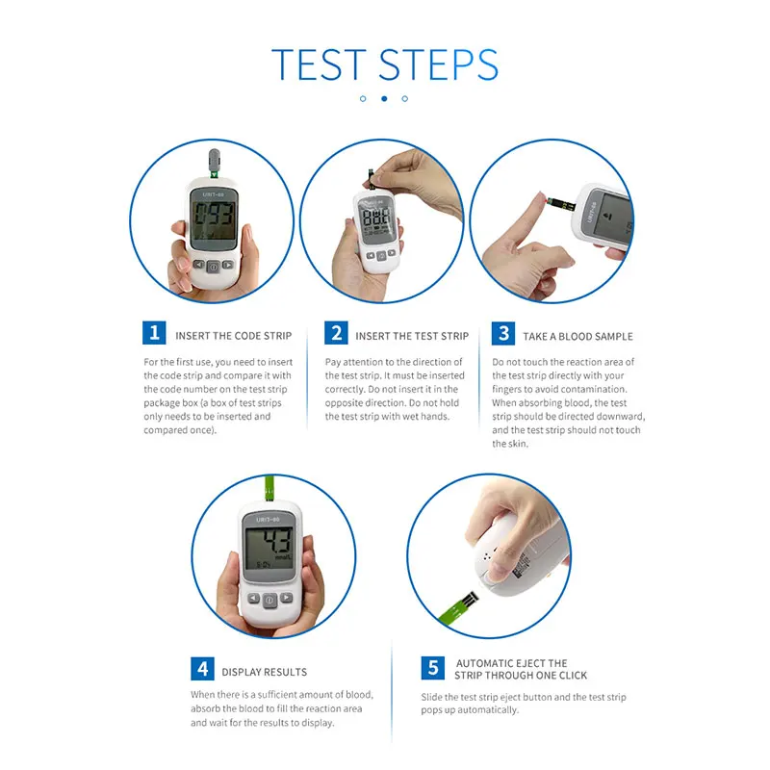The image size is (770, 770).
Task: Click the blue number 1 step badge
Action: coord(154,333)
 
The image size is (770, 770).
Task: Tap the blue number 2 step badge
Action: coord(336,333)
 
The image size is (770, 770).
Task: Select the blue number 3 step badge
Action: coord(503,333)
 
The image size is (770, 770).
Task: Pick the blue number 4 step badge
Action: coord(202,668)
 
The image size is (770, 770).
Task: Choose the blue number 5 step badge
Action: coord(432,668)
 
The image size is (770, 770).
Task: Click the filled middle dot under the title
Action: coord(384,99)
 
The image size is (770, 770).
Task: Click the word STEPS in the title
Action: coord(439,64)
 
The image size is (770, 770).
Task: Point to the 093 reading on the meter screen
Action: coord(214,215)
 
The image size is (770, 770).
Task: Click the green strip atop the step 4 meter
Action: coord(269,489)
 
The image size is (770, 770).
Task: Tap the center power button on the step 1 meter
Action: coord(213,268)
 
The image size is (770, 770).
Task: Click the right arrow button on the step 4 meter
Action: coord(286,598)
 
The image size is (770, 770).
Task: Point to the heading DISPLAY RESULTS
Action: coord(264,672)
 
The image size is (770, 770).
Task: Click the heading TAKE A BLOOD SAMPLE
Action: coord(577,336)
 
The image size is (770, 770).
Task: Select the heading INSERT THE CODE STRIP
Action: coord(234,336)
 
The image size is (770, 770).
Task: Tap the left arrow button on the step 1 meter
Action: coord(198,265)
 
